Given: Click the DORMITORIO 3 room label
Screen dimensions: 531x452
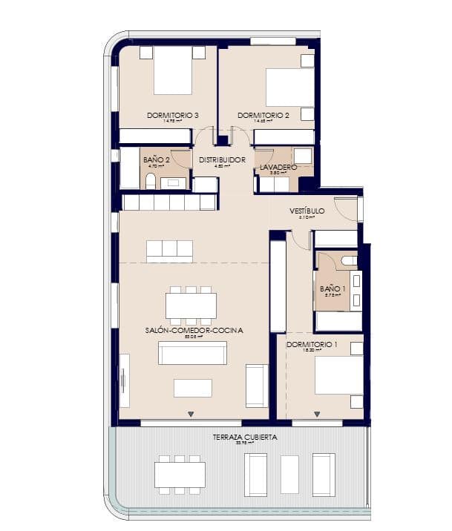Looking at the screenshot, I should tap(172, 115).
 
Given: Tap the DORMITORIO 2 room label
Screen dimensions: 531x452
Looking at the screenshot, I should tap(263, 115).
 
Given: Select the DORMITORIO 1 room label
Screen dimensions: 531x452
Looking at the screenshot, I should tap(312, 345).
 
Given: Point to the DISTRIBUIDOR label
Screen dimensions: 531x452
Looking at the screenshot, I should tap(222, 159).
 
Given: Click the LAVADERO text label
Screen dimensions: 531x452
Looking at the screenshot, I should tap(278, 168).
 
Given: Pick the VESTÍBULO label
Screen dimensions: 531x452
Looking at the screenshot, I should tap(307, 211).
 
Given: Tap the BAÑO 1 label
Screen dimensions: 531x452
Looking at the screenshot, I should tap(333, 288).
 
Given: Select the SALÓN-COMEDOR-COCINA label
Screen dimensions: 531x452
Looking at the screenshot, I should tap(194, 330).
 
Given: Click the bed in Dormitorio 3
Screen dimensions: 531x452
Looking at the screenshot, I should tap(172, 72).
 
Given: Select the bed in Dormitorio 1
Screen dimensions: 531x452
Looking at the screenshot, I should tap(338, 377).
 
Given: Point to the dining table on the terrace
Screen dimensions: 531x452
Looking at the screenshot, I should tap(180, 474).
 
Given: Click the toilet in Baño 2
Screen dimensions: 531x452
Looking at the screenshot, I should tap(151, 181).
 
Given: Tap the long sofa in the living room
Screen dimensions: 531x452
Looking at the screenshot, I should tap(193, 353).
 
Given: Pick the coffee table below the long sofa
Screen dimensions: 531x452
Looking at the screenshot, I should tap(193, 388).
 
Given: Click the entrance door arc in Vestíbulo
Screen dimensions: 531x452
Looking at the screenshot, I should tap(346, 208).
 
